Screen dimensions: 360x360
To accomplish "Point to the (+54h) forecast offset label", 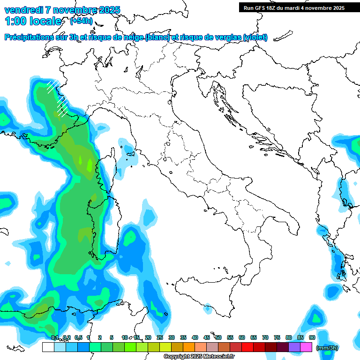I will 81,21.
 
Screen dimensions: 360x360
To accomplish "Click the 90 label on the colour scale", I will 312,337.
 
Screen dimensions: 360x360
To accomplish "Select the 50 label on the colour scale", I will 218,337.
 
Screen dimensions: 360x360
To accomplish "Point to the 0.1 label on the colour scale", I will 55,337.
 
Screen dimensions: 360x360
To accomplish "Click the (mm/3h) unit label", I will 327,348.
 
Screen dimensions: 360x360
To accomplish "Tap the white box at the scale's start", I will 48,347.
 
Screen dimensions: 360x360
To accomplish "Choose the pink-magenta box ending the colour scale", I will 306,347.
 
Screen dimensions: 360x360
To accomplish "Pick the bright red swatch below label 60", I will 247,347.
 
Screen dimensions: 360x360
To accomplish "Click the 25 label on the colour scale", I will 160,337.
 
